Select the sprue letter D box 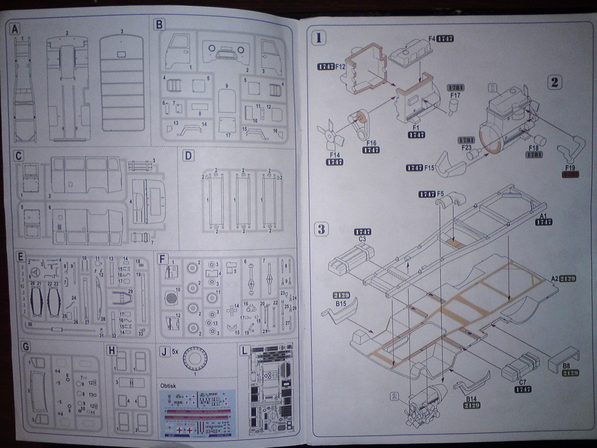pos(188,156)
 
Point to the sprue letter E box pos(21,257)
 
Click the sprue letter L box pos(245,351)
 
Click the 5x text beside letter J pos(176,352)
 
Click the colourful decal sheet pos(198,413)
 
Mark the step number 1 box pos(319,38)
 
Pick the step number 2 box pos(554,82)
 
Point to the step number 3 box pos(321,229)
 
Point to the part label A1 pos(543,215)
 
